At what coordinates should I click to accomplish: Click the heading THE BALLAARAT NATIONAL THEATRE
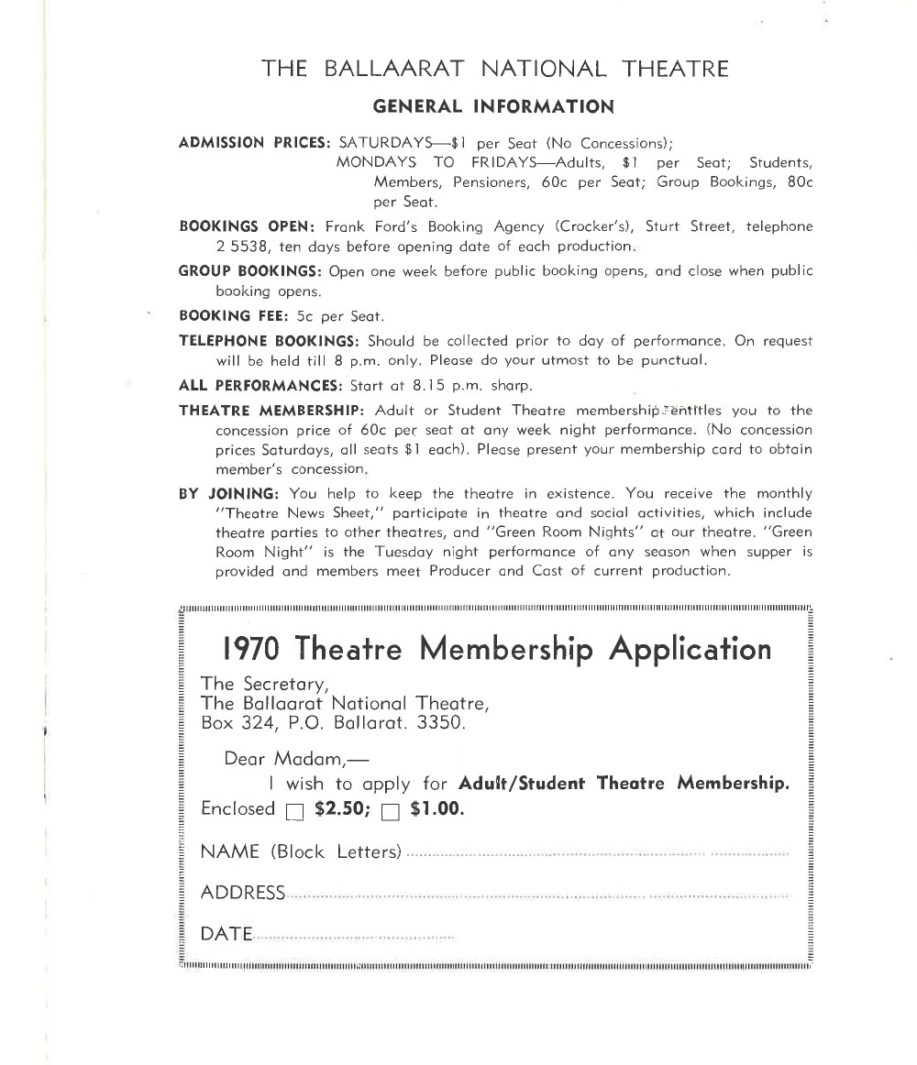pos(494,69)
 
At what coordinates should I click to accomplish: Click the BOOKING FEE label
pos(234,316)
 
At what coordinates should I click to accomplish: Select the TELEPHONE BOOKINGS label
pos(270,341)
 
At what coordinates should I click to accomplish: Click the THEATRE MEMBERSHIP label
pos(272,411)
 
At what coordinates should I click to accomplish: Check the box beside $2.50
pos(294,810)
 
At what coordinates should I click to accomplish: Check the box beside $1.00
pos(391,810)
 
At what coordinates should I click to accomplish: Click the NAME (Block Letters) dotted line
pos(596,854)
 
